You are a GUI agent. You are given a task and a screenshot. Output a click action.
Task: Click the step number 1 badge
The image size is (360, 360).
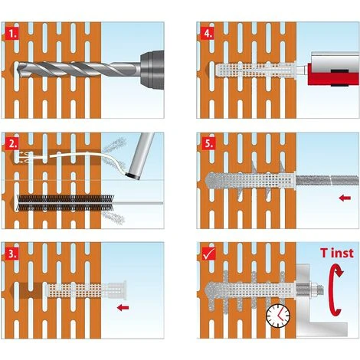click(x=11, y=33)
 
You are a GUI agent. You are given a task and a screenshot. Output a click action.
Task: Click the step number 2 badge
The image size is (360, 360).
click(x=11, y=144)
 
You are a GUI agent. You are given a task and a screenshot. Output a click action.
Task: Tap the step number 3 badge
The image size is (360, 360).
click(x=11, y=254)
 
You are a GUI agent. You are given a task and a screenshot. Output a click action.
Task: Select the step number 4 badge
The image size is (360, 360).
click(x=208, y=33)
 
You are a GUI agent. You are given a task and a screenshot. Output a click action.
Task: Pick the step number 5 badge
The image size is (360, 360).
click(x=208, y=144)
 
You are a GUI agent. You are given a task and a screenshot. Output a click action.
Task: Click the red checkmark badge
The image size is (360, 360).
click(x=209, y=254)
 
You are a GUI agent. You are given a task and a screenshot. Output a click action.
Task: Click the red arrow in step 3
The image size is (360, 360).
click(x=123, y=308)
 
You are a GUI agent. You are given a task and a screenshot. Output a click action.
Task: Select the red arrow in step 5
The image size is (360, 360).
click(x=345, y=198)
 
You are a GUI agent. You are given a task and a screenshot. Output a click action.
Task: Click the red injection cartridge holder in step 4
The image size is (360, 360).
click(x=333, y=74)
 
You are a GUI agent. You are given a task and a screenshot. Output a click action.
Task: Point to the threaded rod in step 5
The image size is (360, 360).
click(x=327, y=181)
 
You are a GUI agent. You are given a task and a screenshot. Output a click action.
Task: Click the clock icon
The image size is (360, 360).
click(x=278, y=316)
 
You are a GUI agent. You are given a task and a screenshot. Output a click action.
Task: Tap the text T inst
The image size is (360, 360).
click(x=337, y=253)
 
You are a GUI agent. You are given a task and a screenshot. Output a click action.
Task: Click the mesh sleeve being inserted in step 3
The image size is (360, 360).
click(x=87, y=290)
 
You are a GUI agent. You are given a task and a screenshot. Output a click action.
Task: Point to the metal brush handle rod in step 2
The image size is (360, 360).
click(x=139, y=204)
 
